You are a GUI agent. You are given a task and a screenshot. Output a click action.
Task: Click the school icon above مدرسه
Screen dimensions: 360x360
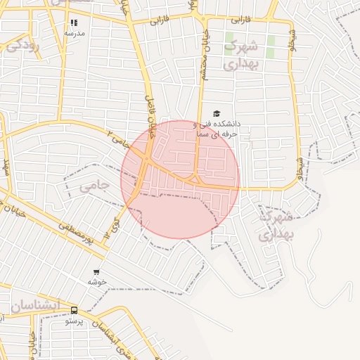point(74,23)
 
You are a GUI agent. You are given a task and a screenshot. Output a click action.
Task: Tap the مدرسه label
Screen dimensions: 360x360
point(74,33)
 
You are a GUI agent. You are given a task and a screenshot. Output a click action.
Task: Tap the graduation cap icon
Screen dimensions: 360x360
point(217,114)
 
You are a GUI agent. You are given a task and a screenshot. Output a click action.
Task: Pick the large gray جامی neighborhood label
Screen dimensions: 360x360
point(94,186)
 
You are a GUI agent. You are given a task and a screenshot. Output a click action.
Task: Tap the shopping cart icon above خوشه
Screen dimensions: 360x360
point(96,272)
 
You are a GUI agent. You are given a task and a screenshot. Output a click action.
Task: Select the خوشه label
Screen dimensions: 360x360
point(96,281)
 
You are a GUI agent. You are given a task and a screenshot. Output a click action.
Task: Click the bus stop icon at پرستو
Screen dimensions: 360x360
point(75,310)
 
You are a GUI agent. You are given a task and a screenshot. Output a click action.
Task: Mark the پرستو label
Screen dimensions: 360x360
point(75,321)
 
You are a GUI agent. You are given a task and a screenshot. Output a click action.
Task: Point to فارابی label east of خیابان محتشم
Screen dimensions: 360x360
point(240,20)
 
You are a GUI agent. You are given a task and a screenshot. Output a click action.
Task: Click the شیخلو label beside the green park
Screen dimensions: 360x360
point(293,41)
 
